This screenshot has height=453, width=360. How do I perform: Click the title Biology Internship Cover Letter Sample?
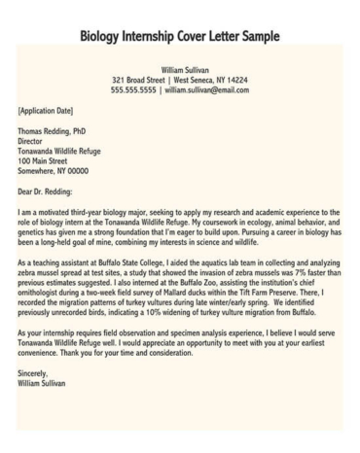tap(180, 37)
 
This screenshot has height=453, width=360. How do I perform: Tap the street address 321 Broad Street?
tap(142, 80)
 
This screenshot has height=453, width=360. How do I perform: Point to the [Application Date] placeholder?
tap(48, 112)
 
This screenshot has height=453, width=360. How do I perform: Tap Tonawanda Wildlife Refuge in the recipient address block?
tap(64, 149)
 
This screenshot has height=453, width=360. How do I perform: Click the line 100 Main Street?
tap(47, 158)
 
